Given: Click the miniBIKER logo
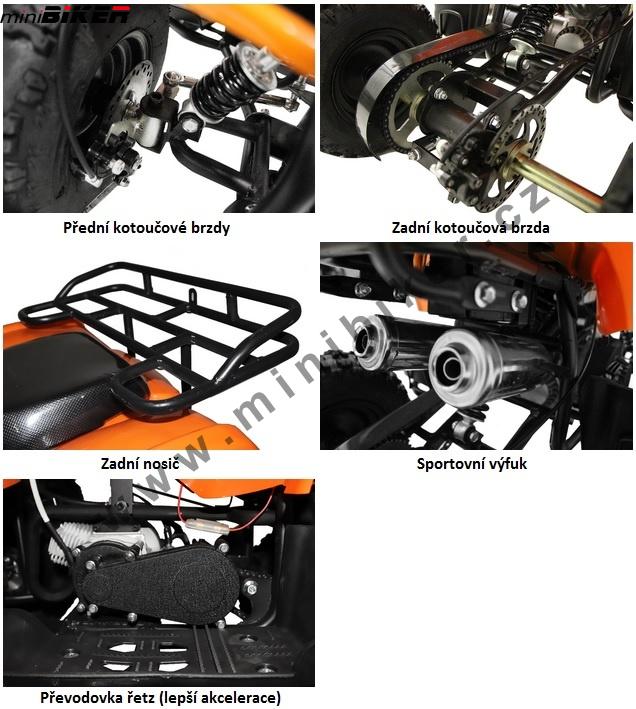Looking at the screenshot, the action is [x=66, y=15].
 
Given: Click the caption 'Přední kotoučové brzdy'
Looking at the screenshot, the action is [x=146, y=227].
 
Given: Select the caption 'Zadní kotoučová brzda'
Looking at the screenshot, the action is [x=471, y=227].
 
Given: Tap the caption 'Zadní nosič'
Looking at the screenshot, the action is [x=140, y=464].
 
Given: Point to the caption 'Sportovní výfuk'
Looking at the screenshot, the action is [x=471, y=464].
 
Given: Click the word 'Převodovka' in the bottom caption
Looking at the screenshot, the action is [x=80, y=697].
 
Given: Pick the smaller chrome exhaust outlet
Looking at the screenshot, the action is [x=367, y=342].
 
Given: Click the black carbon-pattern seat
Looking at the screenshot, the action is [x=54, y=389].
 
